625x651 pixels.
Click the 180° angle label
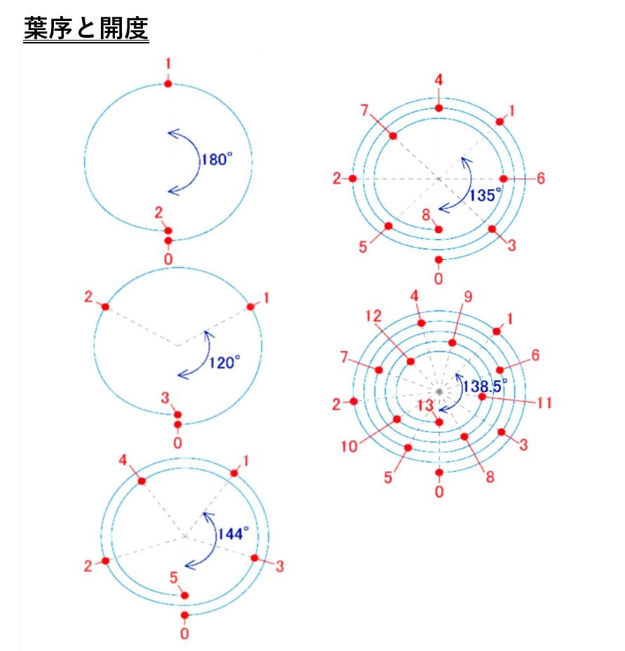click(x=217, y=159)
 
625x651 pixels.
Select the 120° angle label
click(x=224, y=363)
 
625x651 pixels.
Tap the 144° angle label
click(x=233, y=533)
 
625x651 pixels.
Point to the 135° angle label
click(x=485, y=195)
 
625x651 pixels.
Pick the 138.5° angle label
click(x=485, y=386)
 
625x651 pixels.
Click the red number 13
click(x=425, y=405)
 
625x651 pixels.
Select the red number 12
click(x=373, y=316)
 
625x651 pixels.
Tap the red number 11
click(x=544, y=402)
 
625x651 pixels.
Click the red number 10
click(x=349, y=447)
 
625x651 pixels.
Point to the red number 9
click(x=468, y=297)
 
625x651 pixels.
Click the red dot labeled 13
click(x=439, y=422)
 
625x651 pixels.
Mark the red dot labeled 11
click(x=482, y=397)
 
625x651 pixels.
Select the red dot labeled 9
click(x=453, y=343)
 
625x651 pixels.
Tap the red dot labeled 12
click(x=411, y=362)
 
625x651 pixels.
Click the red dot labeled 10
click(x=397, y=419)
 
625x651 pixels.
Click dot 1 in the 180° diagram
click(x=168, y=84)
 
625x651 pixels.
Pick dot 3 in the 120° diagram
click(x=177, y=415)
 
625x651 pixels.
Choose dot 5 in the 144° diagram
click(x=185, y=596)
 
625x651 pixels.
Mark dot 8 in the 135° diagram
click(x=439, y=230)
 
